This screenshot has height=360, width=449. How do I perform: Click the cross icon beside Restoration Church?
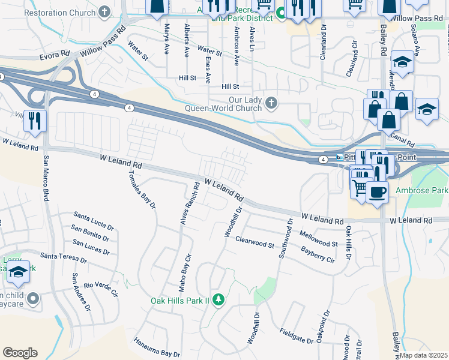click(105, 11)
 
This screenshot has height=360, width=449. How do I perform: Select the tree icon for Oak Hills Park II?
click(219, 299)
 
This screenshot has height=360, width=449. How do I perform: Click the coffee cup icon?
click(377, 192)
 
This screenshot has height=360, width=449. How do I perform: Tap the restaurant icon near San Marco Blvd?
click(35, 121)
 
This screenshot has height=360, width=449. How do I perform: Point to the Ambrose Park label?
click(421, 191)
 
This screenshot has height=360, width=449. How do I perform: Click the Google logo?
click(20, 353)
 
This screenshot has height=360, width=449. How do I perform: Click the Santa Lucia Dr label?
click(94, 220)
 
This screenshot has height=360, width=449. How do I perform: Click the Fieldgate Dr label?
click(297, 336)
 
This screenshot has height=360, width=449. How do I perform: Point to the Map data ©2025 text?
click(423, 355)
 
